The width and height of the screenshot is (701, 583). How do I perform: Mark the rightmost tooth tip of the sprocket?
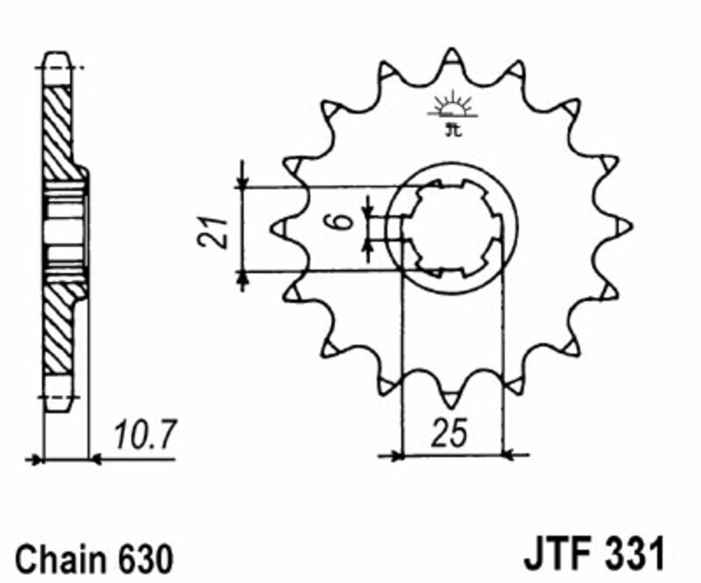625,227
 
